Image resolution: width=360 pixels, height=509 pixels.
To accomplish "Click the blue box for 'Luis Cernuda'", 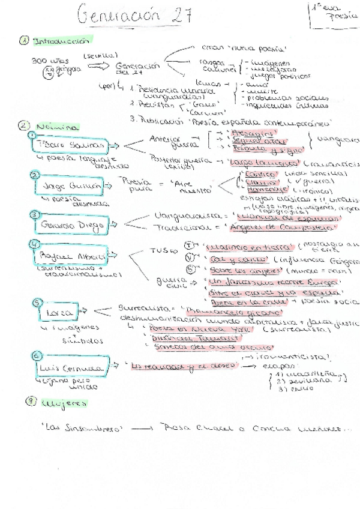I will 71,367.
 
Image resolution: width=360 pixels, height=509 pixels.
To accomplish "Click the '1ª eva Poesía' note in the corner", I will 334,16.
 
